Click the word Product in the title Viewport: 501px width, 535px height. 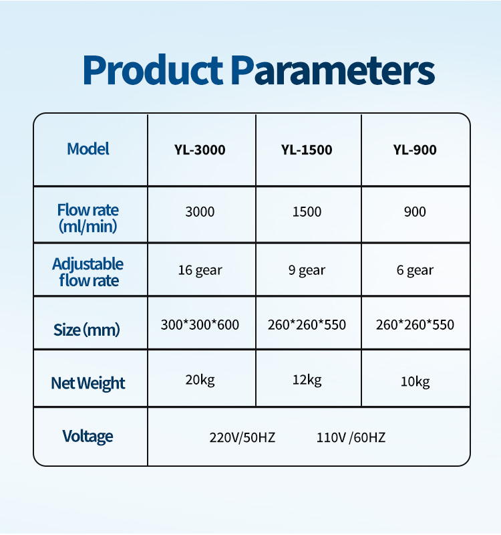coord(153,70)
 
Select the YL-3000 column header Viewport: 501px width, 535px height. coord(200,150)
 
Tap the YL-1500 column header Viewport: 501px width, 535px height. coord(307,150)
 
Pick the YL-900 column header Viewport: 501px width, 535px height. coord(415,150)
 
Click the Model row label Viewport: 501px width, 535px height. coord(88,148)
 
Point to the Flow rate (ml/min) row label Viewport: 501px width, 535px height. coord(88,218)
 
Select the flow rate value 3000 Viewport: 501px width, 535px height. coord(200,212)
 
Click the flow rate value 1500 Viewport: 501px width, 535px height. coord(307,212)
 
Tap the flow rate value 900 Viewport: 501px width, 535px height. coord(415,212)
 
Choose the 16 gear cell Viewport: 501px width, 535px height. coord(200,270)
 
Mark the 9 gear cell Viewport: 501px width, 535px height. coord(307,270)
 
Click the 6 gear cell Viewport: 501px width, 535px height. coord(415,270)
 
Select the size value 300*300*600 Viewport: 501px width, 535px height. coord(200,324)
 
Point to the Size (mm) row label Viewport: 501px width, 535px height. coord(87,330)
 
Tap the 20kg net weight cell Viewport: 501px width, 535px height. coord(200,380)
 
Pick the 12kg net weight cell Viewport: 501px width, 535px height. coord(307,380)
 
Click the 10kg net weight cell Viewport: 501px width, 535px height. coord(415,381)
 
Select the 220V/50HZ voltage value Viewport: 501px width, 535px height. coord(242,437)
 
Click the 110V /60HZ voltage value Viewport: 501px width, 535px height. coord(351,437)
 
